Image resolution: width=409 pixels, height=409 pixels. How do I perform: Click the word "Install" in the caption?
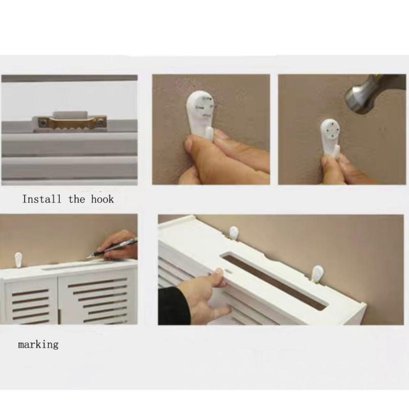[41, 199]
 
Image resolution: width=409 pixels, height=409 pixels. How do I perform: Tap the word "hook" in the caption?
[102, 199]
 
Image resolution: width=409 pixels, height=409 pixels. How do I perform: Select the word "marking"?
[38, 345]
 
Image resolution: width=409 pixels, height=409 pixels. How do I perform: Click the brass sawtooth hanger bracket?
[70, 123]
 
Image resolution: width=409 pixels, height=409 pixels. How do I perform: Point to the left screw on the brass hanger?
[42, 122]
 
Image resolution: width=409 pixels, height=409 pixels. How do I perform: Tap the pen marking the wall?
[112, 248]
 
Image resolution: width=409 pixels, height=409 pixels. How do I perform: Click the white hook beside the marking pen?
[18, 260]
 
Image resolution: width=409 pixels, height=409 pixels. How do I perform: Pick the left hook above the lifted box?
[234, 233]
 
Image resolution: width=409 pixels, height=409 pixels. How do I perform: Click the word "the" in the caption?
[77, 199]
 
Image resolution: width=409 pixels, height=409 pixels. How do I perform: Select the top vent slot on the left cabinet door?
[30, 292]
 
